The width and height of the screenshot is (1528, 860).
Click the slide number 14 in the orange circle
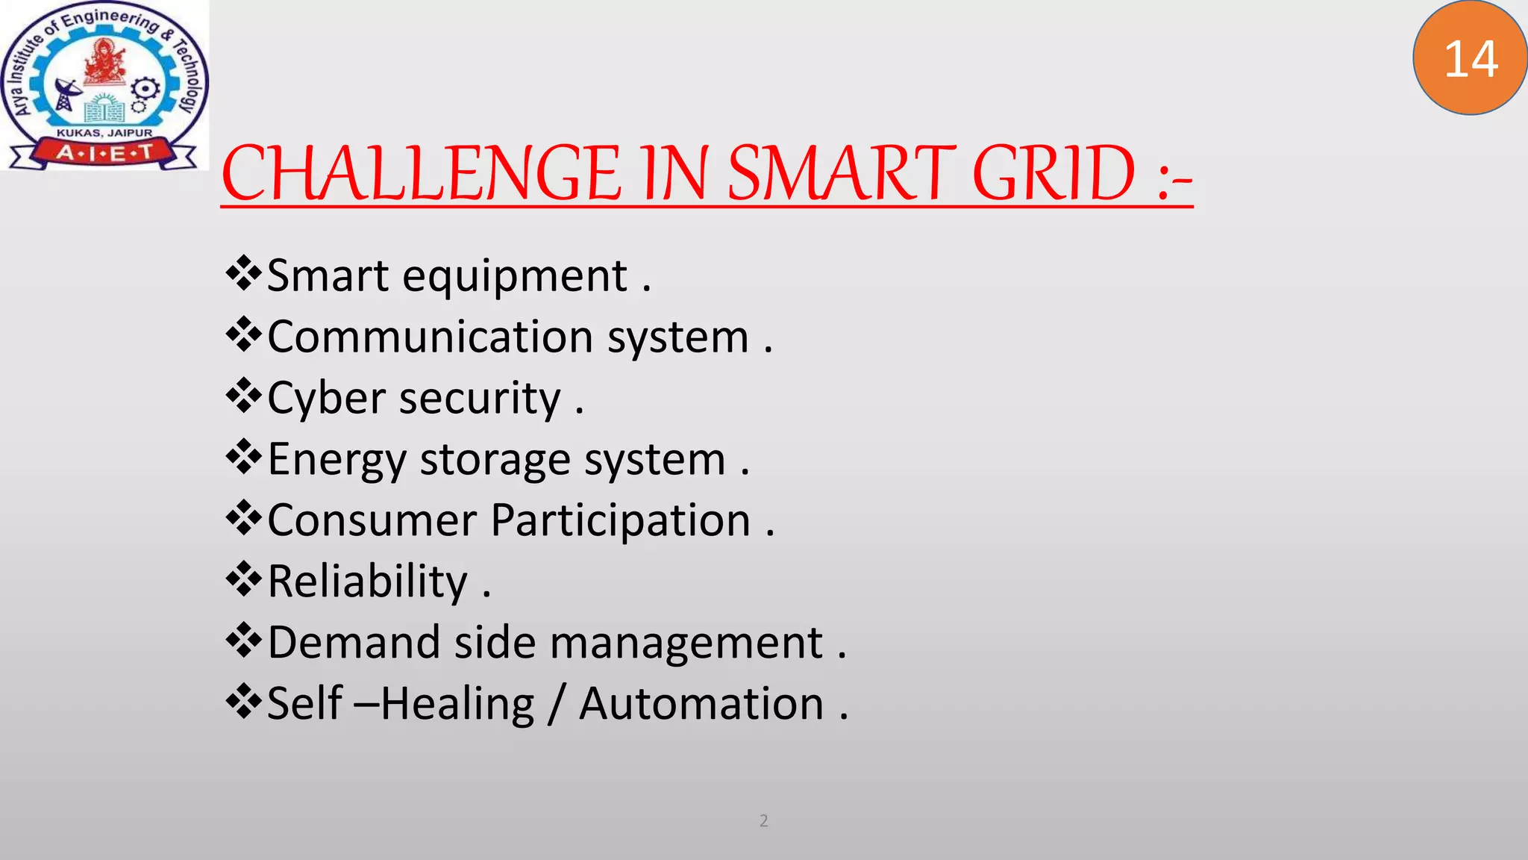coord(1471,59)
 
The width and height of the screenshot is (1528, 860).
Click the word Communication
coord(433,337)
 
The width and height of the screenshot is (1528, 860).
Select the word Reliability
coord(367,582)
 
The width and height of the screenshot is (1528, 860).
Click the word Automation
coord(701,704)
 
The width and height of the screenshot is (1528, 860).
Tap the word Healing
coord(457,704)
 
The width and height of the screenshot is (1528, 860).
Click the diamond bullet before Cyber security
coord(243,396)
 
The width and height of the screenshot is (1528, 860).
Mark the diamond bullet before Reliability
coord(243,579)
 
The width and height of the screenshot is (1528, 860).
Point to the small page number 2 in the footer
coord(763,820)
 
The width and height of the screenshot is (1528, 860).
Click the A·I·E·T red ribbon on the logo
coord(104,153)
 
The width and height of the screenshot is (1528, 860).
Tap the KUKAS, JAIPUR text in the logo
coord(104,133)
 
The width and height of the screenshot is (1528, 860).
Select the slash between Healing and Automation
coord(554,704)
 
